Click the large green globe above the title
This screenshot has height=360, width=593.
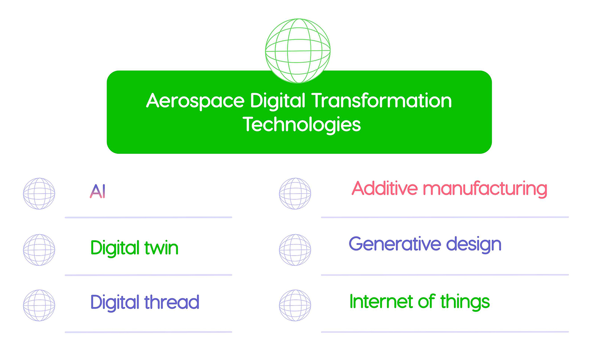(298, 51)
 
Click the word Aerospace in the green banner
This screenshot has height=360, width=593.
(195, 101)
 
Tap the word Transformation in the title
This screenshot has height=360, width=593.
(381, 101)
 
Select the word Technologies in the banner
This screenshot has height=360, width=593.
(302, 124)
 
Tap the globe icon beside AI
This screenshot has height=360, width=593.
(39, 194)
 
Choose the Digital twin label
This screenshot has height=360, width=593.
(134, 248)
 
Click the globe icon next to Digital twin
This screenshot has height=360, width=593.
(39, 250)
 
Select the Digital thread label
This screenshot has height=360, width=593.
(145, 302)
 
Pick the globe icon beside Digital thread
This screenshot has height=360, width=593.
(39, 306)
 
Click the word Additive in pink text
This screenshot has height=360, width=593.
(385, 189)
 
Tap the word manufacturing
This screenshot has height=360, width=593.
(485, 189)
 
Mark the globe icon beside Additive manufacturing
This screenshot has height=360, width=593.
(295, 194)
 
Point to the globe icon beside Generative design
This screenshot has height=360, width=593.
(295, 250)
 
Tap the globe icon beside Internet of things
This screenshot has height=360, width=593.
(295, 306)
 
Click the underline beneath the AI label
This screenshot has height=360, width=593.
(148, 217)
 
